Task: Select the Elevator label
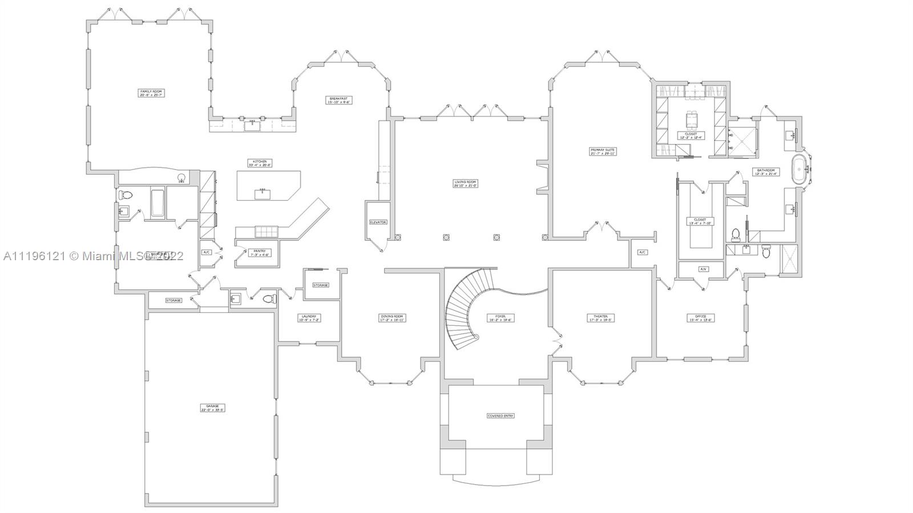pyautogui.click(x=378, y=222)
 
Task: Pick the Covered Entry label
pyautogui.click(x=500, y=415)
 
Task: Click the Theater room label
pyautogui.click(x=600, y=318)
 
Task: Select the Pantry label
pyautogui.click(x=259, y=253)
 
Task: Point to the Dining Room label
pyautogui.click(x=392, y=318)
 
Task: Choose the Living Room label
pyautogui.click(x=465, y=184)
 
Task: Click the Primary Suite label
pyautogui.click(x=603, y=152)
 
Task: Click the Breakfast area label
pyautogui.click(x=338, y=100)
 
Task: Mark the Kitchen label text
pyautogui.click(x=260, y=163)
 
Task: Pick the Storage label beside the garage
pyautogui.click(x=173, y=300)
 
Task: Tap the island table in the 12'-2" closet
pyautogui.click(x=690, y=118)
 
